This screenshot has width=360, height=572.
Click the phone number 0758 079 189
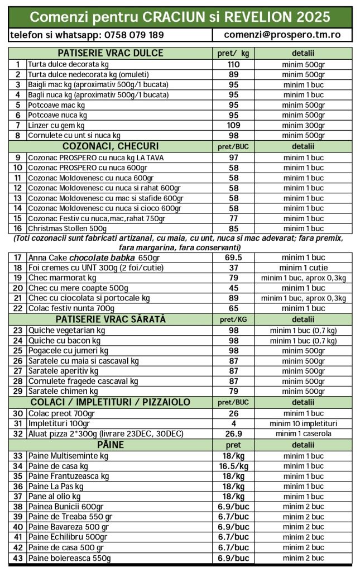point(133,35)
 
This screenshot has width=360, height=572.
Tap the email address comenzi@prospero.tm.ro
point(282,35)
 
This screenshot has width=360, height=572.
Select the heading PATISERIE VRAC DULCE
point(111,54)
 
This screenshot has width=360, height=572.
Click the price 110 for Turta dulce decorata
point(233,64)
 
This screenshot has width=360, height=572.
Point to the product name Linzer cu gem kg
point(56,125)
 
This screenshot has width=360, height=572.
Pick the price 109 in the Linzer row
point(233,125)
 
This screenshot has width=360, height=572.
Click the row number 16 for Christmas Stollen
point(18,228)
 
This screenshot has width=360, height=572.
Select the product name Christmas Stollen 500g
point(67,228)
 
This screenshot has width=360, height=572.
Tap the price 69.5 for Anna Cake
point(233,258)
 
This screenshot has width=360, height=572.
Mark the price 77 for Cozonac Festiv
point(233,218)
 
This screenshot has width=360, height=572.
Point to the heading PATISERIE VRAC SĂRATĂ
point(111,320)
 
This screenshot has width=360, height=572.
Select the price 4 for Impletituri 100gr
point(233,423)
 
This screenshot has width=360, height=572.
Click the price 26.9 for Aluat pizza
point(233,433)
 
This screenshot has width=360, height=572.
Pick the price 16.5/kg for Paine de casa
point(233,466)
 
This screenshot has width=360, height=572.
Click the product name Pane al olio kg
point(56,496)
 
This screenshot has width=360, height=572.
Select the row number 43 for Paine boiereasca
point(18,558)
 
